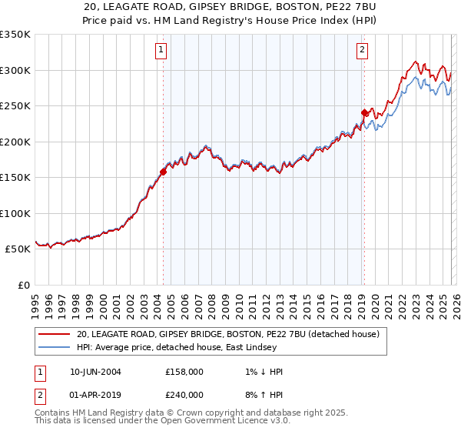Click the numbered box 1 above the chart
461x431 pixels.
click(161, 50)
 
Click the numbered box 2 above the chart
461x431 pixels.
click(362, 50)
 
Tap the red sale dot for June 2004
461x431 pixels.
click(163, 172)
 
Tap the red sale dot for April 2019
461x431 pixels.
click(364, 113)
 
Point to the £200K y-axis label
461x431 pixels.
click(15, 142)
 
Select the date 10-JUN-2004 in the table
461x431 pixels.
click(95, 372)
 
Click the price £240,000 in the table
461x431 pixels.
click(184, 395)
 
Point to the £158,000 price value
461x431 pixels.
click(184, 372)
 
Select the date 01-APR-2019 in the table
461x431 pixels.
click(95, 395)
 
